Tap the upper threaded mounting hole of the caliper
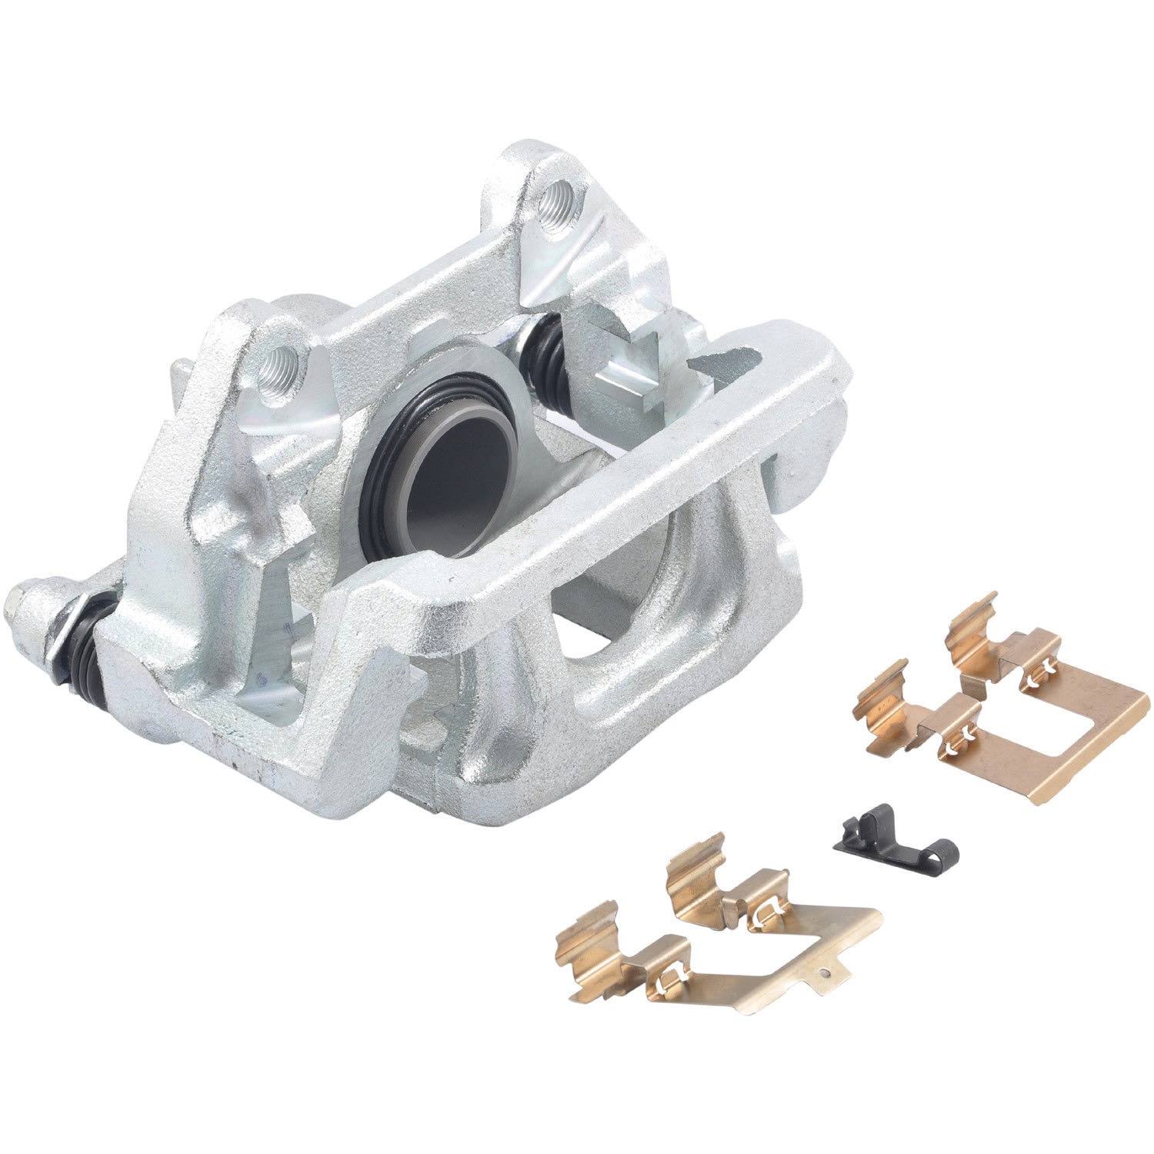[552, 202]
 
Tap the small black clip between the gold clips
[895, 826]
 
